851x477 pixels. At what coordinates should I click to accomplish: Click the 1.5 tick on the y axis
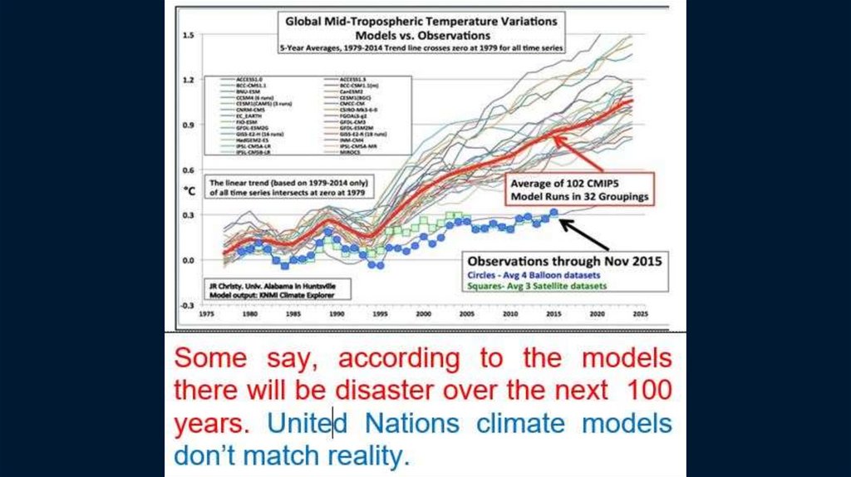[189, 35]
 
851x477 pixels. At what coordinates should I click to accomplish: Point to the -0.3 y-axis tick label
[188, 305]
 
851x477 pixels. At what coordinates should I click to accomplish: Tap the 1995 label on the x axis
[380, 317]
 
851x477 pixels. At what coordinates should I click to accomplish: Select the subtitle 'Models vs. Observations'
[422, 36]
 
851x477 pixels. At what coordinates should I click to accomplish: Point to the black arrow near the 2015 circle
[585, 232]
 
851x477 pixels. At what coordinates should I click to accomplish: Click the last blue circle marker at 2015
[554, 212]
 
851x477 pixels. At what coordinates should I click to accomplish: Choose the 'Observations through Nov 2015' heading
[564, 260]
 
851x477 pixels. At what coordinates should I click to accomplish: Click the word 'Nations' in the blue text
[412, 423]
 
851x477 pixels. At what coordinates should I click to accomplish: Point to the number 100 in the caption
[648, 391]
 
